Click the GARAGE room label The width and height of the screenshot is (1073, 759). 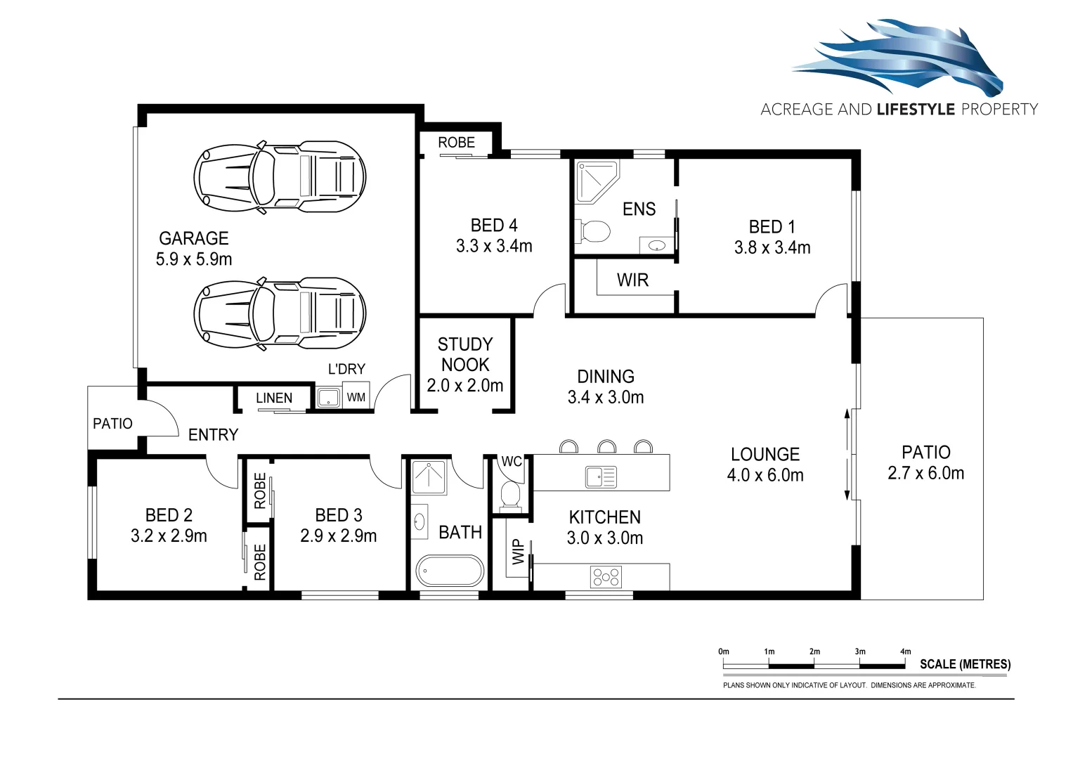(x=194, y=238)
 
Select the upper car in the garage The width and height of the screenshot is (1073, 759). (x=280, y=176)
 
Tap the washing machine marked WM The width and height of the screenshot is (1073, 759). (x=356, y=398)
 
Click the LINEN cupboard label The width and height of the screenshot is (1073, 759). (x=274, y=398)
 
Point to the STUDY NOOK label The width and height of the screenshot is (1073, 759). (x=465, y=354)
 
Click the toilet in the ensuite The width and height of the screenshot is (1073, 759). (x=593, y=231)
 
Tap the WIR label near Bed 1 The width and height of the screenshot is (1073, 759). (x=632, y=280)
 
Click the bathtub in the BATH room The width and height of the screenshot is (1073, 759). (x=450, y=571)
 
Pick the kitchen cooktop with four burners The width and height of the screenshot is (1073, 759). (x=606, y=577)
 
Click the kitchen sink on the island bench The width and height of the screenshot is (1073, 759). (x=601, y=477)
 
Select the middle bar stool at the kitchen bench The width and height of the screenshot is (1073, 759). (x=606, y=447)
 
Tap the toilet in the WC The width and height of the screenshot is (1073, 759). (x=511, y=494)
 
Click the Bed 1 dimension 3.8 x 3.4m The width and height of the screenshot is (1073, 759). (x=772, y=248)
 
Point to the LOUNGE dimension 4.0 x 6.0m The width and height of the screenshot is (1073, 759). (x=765, y=476)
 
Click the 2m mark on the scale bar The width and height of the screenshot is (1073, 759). (x=814, y=652)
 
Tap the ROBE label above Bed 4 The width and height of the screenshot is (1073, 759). (x=456, y=143)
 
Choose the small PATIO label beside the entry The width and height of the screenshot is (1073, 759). (x=112, y=424)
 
